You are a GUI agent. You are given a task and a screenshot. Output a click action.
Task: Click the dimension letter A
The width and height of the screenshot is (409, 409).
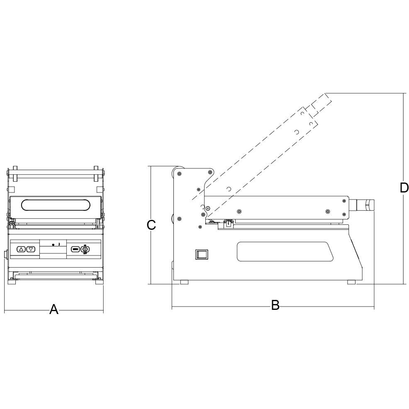click(x=54, y=309)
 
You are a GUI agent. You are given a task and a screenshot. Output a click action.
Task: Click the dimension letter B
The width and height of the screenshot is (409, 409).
click(x=275, y=305)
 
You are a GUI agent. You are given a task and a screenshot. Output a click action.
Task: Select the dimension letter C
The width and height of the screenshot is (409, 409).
click(x=152, y=225)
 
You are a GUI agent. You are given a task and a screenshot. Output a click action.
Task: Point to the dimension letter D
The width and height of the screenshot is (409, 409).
click(x=404, y=188)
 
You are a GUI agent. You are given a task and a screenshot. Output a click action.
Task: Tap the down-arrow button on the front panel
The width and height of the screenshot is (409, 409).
click(x=31, y=249)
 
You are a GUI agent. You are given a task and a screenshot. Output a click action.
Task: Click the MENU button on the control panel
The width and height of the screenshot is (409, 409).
click(x=75, y=249)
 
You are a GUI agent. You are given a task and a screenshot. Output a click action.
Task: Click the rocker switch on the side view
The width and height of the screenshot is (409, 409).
click(x=202, y=254)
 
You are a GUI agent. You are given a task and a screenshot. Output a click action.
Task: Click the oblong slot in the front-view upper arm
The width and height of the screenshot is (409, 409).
click(x=55, y=205)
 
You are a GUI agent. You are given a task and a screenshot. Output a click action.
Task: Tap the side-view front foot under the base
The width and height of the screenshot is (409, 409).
click(x=351, y=282)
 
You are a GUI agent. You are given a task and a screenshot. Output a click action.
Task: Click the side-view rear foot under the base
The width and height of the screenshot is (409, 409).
click(x=184, y=282)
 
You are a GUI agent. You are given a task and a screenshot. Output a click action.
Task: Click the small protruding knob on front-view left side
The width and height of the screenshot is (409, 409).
click(x=5, y=255)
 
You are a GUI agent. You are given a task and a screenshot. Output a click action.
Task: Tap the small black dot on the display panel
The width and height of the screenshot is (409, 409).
click(x=54, y=245)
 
